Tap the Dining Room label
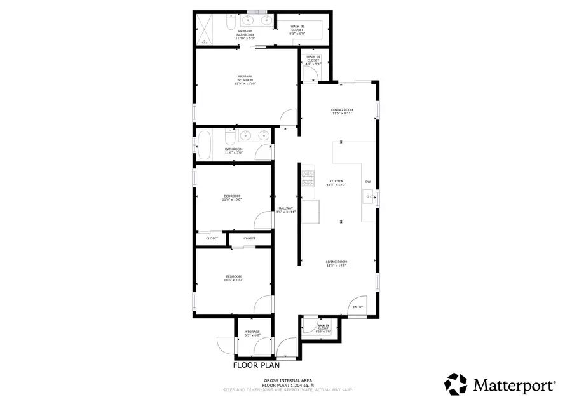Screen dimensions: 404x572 click(x=341, y=112)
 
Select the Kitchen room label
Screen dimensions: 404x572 click(x=335, y=184)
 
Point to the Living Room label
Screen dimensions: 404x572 click(x=336, y=264)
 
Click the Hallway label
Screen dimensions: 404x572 click(x=285, y=210)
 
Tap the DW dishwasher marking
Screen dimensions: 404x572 click(x=367, y=182)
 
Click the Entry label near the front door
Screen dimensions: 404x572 click(x=358, y=308)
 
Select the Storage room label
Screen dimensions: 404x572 click(x=252, y=333)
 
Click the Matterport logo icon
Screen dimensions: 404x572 click(x=456, y=384)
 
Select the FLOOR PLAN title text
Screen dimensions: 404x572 click(x=256, y=365)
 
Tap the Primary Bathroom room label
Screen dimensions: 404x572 click(x=245, y=35)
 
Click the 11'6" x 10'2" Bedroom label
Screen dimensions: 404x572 click(x=233, y=278)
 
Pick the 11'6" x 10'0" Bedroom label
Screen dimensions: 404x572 click(x=231, y=198)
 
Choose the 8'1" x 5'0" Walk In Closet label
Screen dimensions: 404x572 click(x=297, y=30)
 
